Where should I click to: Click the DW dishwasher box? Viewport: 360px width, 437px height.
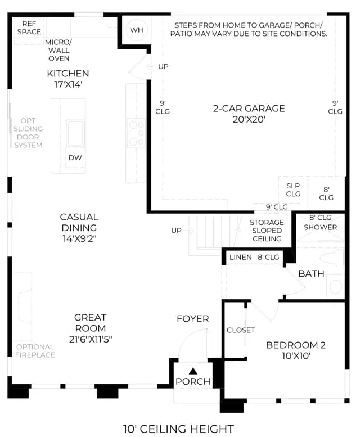pyautogui.click(x=75, y=157)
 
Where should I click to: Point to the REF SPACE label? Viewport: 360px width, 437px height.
pyautogui.click(x=29, y=28)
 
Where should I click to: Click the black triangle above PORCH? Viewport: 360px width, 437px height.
pyautogui.click(x=193, y=371)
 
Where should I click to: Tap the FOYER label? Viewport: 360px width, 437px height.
pyautogui.click(x=193, y=318)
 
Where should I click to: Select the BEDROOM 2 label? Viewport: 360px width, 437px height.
pyautogui.click(x=296, y=350)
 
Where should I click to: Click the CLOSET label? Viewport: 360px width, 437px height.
pyautogui.click(x=241, y=330)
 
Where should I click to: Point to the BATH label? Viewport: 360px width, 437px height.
pyautogui.click(x=311, y=273)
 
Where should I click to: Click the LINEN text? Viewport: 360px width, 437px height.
pyautogui.click(x=241, y=257)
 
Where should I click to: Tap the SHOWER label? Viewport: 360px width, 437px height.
pyautogui.click(x=321, y=227)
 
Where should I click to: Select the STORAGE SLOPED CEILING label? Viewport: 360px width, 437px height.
pyautogui.click(x=267, y=231)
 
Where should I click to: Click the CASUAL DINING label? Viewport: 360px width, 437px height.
pyautogui.click(x=79, y=228)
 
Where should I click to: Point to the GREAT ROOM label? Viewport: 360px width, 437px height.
pyautogui.click(x=91, y=328)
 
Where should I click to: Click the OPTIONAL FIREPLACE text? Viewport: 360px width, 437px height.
pyautogui.click(x=35, y=351)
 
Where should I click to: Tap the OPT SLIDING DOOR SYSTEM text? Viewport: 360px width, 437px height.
pyautogui.click(x=28, y=133)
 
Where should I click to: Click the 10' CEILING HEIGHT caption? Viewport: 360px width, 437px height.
pyautogui.click(x=179, y=429)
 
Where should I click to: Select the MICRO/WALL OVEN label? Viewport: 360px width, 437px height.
pyautogui.click(x=58, y=51)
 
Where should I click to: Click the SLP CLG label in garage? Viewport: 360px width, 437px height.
pyautogui.click(x=293, y=190)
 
